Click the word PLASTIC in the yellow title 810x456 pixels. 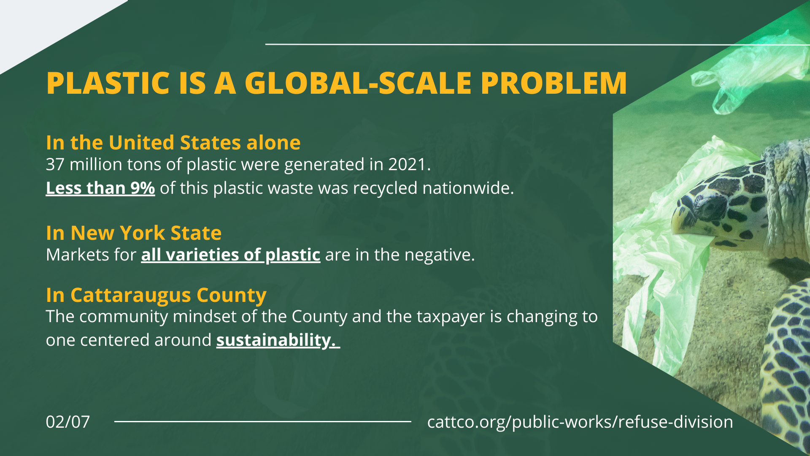pos(108,83)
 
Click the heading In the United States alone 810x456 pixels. pos(173,142)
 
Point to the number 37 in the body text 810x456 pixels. pos(55,164)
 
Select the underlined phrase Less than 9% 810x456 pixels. pos(100,188)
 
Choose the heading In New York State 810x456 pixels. pos(134,233)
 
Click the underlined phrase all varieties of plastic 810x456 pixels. pos(231,255)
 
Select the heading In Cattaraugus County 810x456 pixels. pos(156,295)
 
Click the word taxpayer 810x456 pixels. pos(451,317)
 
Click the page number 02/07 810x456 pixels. pos(68,422)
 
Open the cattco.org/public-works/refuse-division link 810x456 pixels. pos(580,422)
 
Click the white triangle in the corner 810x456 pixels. pos(42,25)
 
